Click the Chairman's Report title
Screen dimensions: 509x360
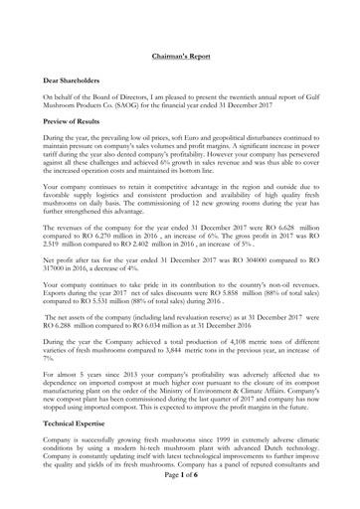point(180,59)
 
